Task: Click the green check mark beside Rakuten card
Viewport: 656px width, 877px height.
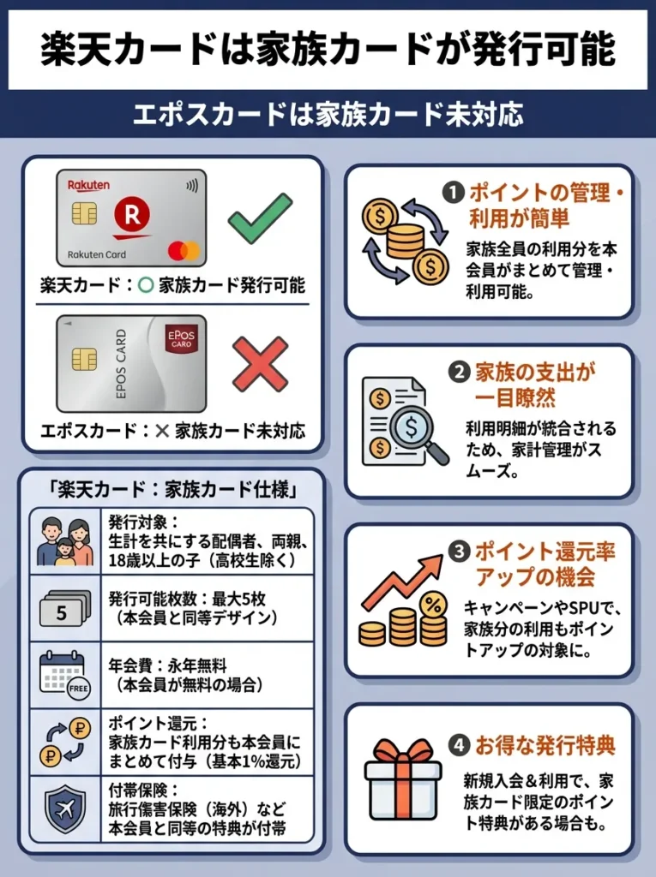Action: pos(260,219)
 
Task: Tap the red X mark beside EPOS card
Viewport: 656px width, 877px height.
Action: pos(260,364)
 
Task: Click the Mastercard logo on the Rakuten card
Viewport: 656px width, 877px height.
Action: pos(183,250)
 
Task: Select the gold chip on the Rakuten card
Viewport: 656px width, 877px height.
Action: pos(84,213)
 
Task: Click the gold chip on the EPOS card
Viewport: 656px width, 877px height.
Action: pos(84,360)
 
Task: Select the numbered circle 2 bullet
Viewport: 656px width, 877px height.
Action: pos(460,373)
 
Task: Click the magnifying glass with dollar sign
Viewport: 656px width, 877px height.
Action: pos(414,426)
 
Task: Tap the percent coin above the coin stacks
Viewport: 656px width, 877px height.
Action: pos(434,606)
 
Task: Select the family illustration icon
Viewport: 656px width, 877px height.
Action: pos(64,543)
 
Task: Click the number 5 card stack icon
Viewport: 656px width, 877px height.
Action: pos(64,611)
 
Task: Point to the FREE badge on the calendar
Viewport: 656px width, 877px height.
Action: pos(78,687)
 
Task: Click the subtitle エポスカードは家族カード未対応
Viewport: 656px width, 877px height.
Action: pos(328,115)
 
